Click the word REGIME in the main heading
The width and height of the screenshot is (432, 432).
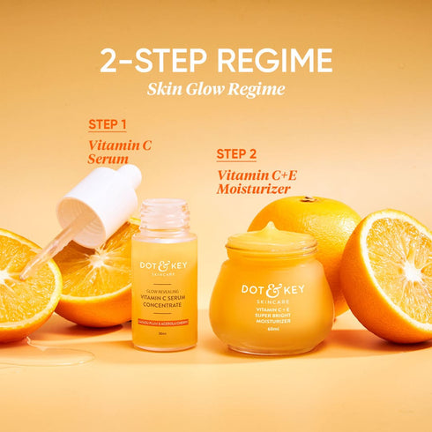(x=274, y=60)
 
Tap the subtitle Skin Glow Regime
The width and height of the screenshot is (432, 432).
(x=216, y=88)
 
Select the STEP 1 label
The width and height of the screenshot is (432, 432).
(x=107, y=124)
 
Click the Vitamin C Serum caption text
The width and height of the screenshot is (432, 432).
(x=119, y=151)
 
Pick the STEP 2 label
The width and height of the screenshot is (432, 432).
(x=236, y=154)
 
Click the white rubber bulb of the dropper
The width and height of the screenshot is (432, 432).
(x=99, y=205)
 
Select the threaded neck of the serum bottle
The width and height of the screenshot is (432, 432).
(x=164, y=214)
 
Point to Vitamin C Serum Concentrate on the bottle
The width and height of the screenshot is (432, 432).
(x=164, y=301)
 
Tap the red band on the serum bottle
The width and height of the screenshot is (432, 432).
(x=164, y=324)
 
